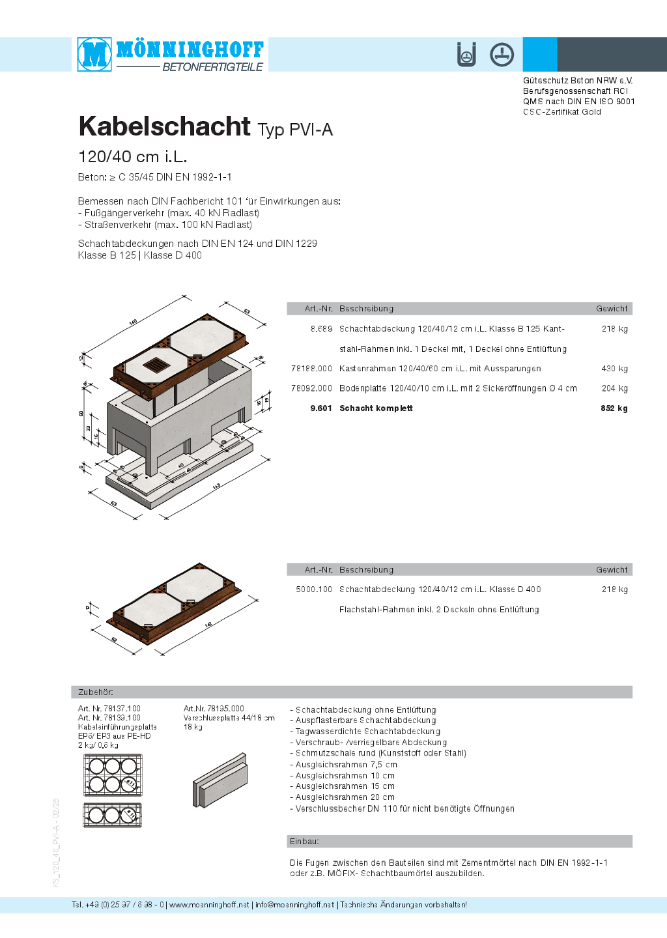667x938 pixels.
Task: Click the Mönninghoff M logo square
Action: coord(94,54)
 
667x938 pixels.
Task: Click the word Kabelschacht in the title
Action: coord(164,126)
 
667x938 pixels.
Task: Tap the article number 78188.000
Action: coord(311,369)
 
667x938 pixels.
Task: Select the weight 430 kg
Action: coord(614,369)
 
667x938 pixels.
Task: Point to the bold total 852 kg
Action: coord(614,408)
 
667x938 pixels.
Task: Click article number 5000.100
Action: coord(314,590)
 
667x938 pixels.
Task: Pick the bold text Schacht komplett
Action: coord(376,408)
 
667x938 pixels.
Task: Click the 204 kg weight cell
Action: coord(614,388)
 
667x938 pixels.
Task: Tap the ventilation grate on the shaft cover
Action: coord(156,365)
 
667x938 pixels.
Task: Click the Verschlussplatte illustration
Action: coord(220,780)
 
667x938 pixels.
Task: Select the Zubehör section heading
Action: coord(95,692)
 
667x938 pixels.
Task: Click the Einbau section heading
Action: coord(304,842)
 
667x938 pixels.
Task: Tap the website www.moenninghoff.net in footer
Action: coord(209,905)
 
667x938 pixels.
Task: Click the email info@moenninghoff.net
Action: coord(294,905)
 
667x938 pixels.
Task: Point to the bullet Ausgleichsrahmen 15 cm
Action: coord(345,786)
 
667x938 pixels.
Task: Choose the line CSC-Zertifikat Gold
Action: coord(561,112)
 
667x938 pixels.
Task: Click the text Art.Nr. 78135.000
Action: coord(214,709)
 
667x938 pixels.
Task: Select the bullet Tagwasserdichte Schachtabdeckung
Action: coord(367,732)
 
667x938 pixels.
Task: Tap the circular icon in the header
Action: coord(502,54)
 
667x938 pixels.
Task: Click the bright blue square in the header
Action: coord(540,54)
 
